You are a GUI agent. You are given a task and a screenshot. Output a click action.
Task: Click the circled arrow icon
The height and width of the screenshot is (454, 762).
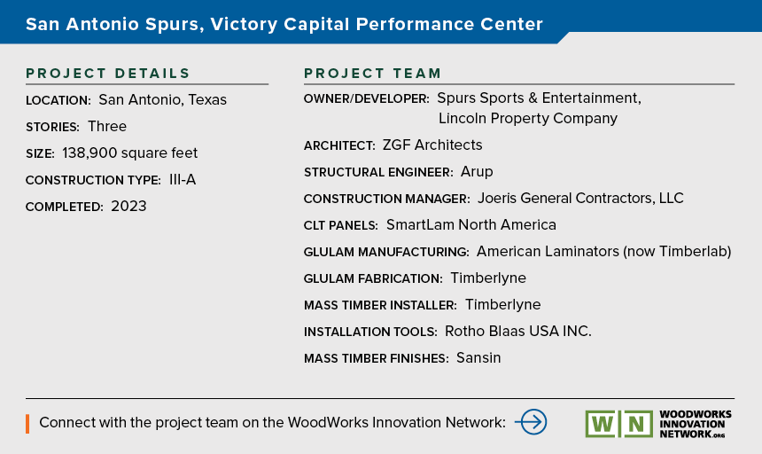[531, 422]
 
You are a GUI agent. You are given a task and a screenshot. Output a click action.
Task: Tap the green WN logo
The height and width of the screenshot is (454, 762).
[618, 424]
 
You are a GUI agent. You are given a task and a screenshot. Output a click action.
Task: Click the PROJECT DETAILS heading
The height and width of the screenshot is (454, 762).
[107, 74]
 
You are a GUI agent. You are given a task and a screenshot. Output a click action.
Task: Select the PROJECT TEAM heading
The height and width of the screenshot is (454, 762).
[372, 74]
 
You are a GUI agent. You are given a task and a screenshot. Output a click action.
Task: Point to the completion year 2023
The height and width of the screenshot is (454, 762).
[128, 206]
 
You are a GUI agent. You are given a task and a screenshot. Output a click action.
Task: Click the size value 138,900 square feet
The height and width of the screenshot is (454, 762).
[129, 153]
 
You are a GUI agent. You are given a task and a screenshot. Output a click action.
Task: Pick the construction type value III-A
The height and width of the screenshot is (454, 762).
[183, 180]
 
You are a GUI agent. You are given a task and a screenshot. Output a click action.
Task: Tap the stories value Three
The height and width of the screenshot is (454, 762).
[107, 127]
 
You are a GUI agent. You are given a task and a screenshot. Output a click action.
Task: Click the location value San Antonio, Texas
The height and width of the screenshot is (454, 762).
[162, 100]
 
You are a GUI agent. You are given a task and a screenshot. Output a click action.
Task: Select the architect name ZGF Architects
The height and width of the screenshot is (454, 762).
[432, 145]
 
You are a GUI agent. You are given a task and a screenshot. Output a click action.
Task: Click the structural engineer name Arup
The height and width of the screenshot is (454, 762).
[477, 172]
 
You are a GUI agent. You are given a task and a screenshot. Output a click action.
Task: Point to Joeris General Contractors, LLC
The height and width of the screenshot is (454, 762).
[580, 199]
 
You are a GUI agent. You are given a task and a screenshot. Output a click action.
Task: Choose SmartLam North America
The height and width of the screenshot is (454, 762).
[470, 224]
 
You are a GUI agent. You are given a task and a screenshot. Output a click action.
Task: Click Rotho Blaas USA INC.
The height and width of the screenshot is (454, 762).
[518, 331]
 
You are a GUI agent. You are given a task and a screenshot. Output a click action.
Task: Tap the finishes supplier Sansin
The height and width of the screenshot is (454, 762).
[478, 357]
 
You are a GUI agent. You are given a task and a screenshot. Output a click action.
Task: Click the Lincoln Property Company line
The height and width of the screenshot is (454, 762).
[528, 119]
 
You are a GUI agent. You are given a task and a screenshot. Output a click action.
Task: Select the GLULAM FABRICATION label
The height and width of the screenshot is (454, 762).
[373, 278]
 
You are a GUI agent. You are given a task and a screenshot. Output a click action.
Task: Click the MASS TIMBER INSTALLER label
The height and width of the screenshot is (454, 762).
[380, 305]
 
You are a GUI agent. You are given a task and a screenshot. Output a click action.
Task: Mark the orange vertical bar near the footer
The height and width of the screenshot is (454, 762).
[27, 424]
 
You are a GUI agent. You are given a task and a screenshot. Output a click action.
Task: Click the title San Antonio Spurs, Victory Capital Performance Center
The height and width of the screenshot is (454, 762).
[284, 24]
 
